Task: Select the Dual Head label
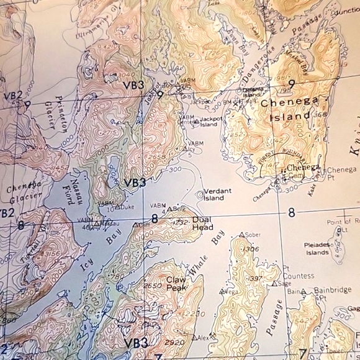pos(202,223)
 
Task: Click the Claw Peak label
pos(179,283)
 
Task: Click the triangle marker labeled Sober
pos(242,235)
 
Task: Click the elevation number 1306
pos(251,248)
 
